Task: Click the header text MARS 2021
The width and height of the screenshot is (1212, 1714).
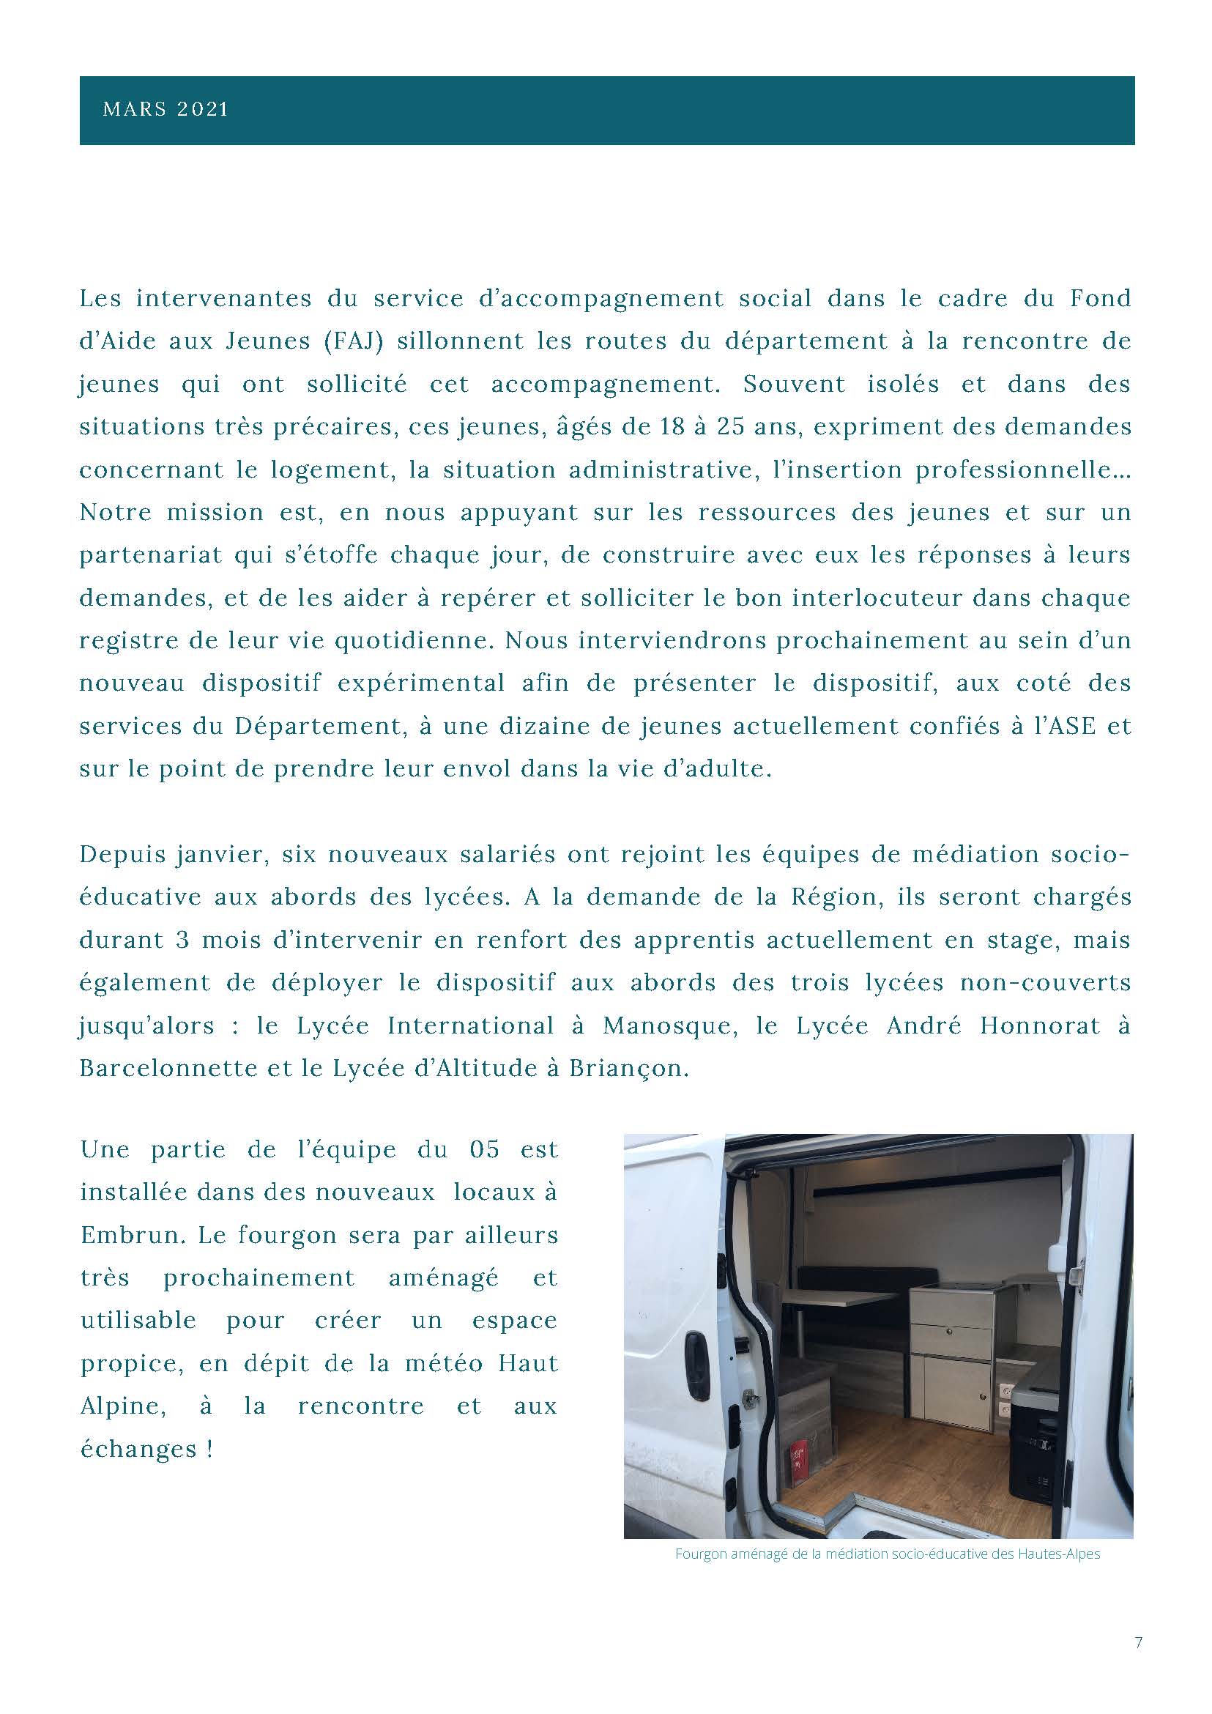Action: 165,110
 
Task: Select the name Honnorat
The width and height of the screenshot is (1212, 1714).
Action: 1039,1025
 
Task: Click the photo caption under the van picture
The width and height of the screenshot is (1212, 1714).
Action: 888,1554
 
